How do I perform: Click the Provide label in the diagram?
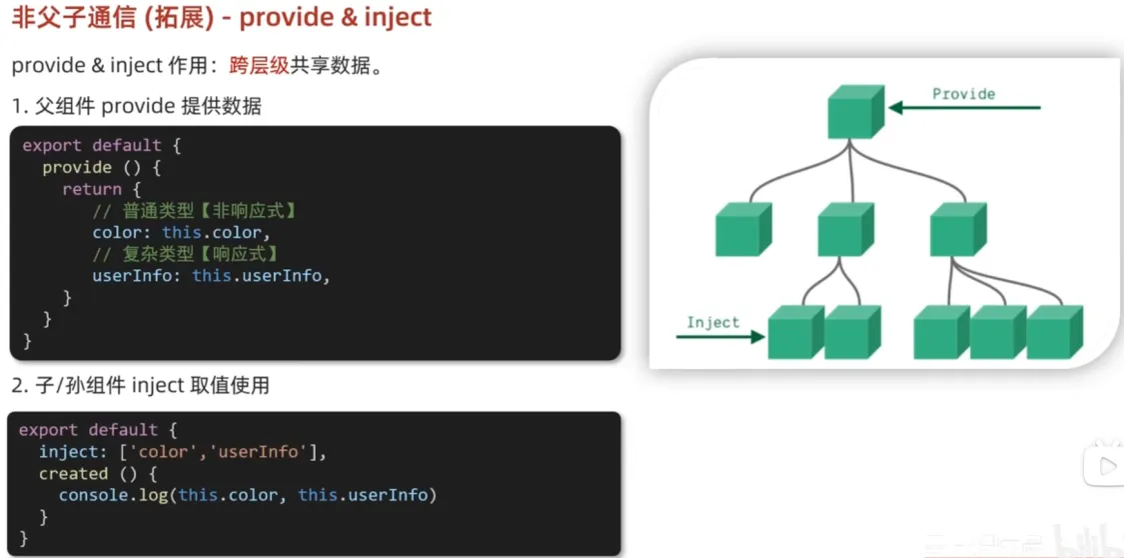pyautogui.click(x=963, y=94)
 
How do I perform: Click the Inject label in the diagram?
pyautogui.click(x=712, y=322)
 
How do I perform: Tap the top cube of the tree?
pyautogui.click(x=854, y=111)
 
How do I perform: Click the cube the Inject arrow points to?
pyautogui.click(x=795, y=332)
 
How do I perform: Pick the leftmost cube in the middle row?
pyautogui.click(x=742, y=229)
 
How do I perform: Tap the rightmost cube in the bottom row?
pyautogui.click(x=1053, y=332)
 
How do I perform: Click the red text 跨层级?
pyautogui.click(x=259, y=66)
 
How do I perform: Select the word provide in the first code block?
pyautogui.click(x=77, y=167)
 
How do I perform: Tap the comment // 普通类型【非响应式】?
pyautogui.click(x=195, y=211)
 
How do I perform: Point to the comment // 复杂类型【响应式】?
pyautogui.click(x=185, y=254)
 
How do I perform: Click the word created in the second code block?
pyautogui.click(x=73, y=474)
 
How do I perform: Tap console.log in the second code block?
pyautogui.click(x=114, y=496)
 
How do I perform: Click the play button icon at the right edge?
pyautogui.click(x=1106, y=466)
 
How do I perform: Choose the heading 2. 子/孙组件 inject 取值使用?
pyautogui.click(x=140, y=385)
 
